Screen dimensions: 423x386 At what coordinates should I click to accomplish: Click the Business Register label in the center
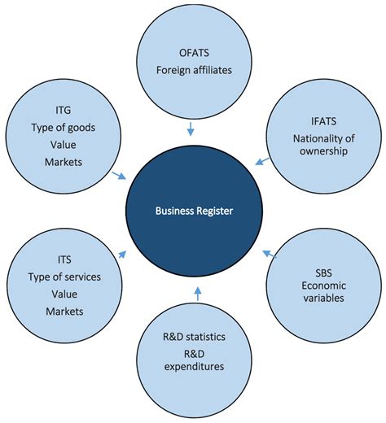point(194,211)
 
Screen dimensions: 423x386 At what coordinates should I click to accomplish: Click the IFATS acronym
point(314,121)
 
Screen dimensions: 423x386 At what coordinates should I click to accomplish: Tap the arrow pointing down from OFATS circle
point(190,128)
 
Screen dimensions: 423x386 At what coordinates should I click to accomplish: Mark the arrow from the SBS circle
point(269,255)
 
